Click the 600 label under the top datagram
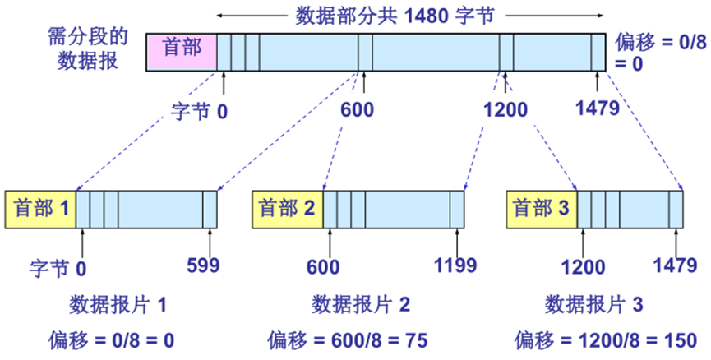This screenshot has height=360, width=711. tap(364, 110)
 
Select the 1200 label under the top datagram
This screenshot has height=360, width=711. tap(506, 110)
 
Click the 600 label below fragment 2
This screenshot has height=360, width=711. tap(323, 267)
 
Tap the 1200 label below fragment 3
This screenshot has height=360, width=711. tap(583, 267)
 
